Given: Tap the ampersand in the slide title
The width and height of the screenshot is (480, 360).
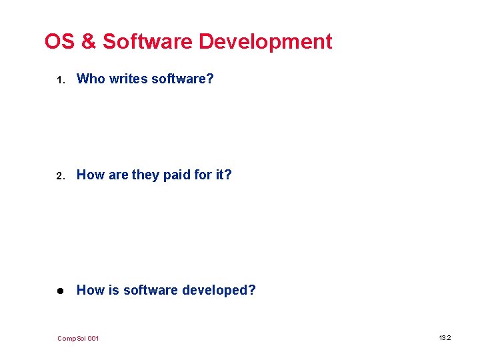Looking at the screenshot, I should pyautogui.click(x=88, y=41).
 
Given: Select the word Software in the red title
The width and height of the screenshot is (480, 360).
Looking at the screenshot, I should pyautogui.click(x=147, y=41).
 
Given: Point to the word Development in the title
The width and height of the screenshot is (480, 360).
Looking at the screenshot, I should pyautogui.click(x=265, y=42).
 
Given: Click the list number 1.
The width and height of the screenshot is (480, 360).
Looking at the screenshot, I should pyautogui.click(x=59, y=80).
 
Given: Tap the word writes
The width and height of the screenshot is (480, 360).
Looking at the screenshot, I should pyautogui.click(x=128, y=79).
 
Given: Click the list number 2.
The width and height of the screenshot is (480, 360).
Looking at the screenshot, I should pyautogui.click(x=59, y=176).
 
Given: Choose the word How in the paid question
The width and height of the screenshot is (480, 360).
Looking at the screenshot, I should pyautogui.click(x=91, y=175).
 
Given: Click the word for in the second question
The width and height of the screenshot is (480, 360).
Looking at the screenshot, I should pyautogui.click(x=206, y=175).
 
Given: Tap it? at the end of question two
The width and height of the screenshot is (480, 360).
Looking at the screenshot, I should pyautogui.click(x=225, y=175).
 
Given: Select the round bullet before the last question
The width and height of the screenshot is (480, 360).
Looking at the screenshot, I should pyautogui.click(x=59, y=291).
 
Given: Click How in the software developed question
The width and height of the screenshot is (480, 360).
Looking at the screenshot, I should pyautogui.click(x=91, y=290).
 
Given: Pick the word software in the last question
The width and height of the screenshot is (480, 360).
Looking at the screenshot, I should pyautogui.click(x=151, y=290).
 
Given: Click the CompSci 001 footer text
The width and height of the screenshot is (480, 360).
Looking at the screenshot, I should pyautogui.click(x=78, y=339).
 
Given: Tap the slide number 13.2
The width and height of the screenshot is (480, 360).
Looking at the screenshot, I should pyautogui.click(x=445, y=338).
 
